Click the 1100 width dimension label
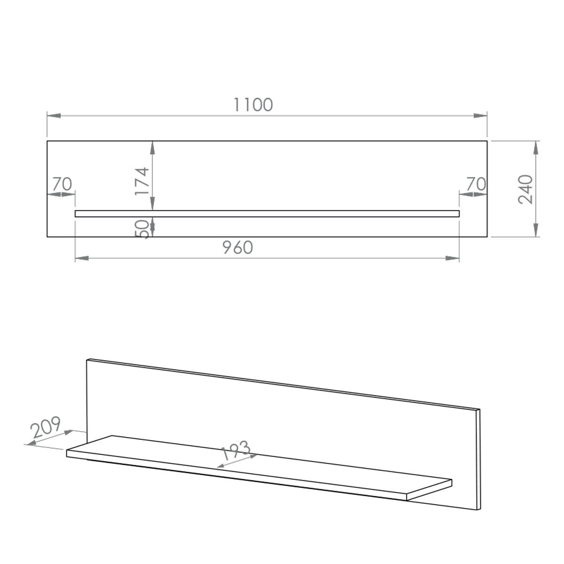click(x=253, y=105)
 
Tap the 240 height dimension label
click(x=525, y=189)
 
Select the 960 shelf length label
click(x=238, y=247)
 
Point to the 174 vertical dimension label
click(x=142, y=181)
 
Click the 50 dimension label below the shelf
click(x=142, y=229)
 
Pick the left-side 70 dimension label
click(x=62, y=184)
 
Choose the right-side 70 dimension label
click(x=476, y=184)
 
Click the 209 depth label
click(x=46, y=427)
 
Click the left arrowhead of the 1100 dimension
click(x=54, y=116)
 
